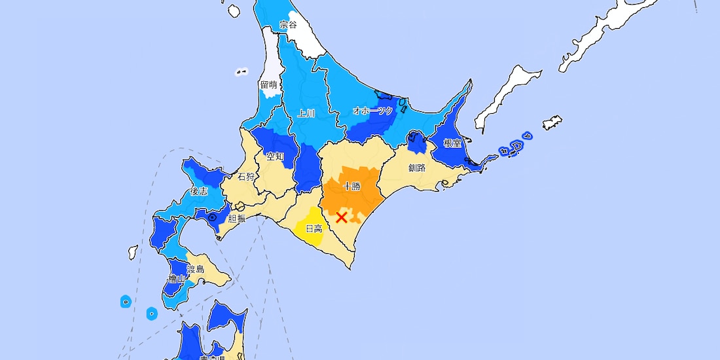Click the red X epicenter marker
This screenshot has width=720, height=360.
pyautogui.click(x=341, y=217)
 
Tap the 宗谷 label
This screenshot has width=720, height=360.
pyautogui.click(x=288, y=25)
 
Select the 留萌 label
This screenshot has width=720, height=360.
pyautogui.click(x=268, y=85)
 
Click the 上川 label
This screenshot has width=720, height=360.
pyautogui.click(x=306, y=113)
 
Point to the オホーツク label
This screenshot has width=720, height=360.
pyautogui.click(x=372, y=111)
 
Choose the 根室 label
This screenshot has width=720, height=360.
pyautogui.click(x=452, y=143)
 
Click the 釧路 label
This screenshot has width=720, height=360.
pyautogui.click(x=417, y=168)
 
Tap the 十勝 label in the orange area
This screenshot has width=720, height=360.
pyautogui.click(x=351, y=187)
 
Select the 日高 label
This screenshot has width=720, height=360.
pyautogui.click(x=314, y=228)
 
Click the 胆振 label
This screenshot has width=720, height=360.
pyautogui.click(x=236, y=219)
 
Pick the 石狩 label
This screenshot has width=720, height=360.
pyautogui.click(x=246, y=177)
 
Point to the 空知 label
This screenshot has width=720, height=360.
pyautogui.click(x=275, y=156)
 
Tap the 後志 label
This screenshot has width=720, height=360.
pyautogui.click(x=199, y=191)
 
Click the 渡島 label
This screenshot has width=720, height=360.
pyautogui.click(x=195, y=269)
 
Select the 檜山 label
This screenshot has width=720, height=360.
pyautogui.click(x=176, y=279)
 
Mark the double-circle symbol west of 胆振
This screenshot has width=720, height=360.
pyautogui.click(x=212, y=217)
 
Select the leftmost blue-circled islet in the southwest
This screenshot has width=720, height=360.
pyautogui.click(x=125, y=302)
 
